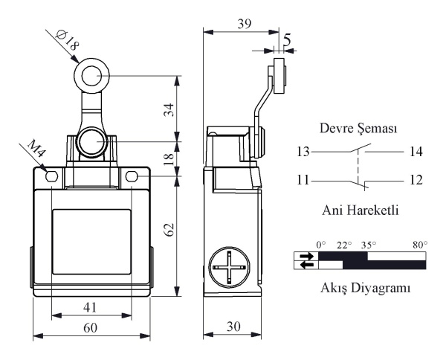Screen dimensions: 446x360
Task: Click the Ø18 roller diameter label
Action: [67, 39]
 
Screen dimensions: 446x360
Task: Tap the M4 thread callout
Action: [36, 148]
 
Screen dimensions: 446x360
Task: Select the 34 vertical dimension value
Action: [169, 109]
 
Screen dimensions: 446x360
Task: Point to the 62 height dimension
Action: [169, 229]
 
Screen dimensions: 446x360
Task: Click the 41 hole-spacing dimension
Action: [90, 307]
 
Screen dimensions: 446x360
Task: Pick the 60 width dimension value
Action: [90, 328]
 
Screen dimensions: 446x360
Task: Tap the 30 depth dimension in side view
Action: [233, 327]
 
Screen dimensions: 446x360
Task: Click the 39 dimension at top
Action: [245, 24]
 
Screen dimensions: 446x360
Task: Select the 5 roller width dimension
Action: [287, 40]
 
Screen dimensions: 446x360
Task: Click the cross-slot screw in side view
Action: [229, 267]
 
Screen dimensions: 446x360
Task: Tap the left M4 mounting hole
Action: [51, 177]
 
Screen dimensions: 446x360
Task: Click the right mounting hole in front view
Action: [132, 176]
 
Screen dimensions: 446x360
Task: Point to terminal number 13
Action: [303, 152]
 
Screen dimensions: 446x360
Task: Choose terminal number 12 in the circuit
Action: [416, 180]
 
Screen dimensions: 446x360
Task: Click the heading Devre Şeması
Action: [358, 129]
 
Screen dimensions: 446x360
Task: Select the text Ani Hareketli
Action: [360, 210]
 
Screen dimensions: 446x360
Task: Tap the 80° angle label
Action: [421, 245]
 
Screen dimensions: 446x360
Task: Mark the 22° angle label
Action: [344, 245]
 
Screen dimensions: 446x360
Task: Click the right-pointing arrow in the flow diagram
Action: [306, 256]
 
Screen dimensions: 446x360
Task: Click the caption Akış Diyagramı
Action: [366, 288]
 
